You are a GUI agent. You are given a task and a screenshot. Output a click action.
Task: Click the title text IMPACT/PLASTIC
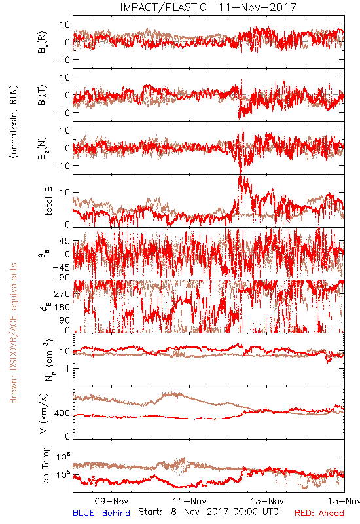(163, 7)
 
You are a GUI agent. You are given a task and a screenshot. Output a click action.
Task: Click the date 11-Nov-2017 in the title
(257, 7)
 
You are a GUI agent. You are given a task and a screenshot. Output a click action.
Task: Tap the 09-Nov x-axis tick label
(111, 501)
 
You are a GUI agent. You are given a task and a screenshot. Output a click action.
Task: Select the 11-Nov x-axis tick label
(189, 501)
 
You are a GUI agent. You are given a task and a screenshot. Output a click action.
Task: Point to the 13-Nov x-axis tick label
(267, 501)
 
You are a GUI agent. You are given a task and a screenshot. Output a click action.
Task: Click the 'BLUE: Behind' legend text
(101, 513)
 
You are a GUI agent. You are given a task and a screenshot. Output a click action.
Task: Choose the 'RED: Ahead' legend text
(319, 513)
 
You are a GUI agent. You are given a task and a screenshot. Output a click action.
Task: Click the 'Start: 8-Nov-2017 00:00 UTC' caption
(208, 512)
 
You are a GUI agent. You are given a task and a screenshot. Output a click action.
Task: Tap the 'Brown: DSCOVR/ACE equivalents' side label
(13, 333)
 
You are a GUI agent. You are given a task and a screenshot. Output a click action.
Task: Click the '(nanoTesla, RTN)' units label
(14, 122)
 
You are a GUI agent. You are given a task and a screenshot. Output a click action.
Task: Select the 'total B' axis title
(48, 201)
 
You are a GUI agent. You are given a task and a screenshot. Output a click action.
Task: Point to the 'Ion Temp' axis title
(45, 466)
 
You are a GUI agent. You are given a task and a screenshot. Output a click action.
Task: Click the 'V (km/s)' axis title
(44, 413)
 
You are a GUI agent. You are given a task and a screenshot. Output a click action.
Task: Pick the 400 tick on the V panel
(62, 413)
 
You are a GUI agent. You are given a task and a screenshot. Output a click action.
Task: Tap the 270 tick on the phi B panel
(62, 293)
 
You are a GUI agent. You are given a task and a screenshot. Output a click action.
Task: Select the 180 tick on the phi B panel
(62, 307)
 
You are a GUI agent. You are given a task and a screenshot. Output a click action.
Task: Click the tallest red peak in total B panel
(240, 176)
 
